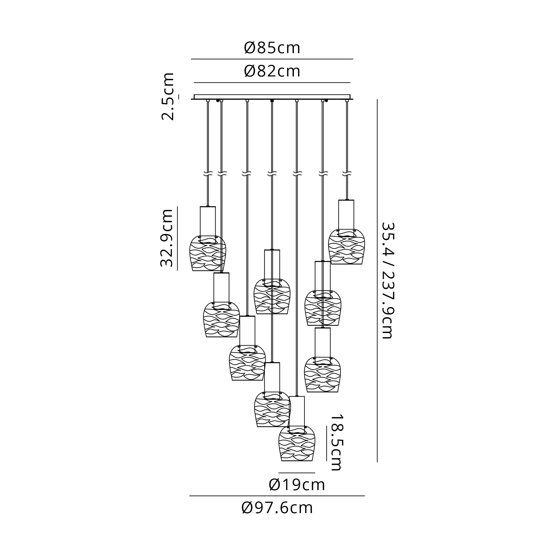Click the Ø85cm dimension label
click(272, 48)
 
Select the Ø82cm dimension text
click(272, 71)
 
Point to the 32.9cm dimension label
click(167, 238)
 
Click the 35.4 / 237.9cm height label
click(387, 280)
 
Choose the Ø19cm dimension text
click(297, 485)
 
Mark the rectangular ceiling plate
click(272, 97)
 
